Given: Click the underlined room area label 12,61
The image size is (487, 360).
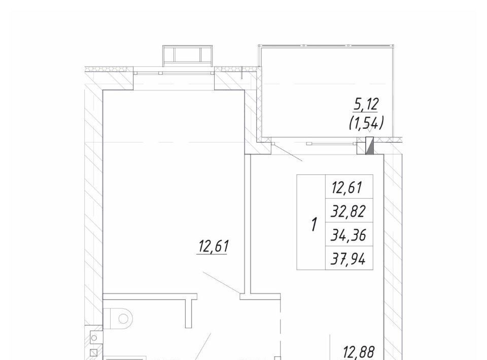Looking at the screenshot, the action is (214, 247).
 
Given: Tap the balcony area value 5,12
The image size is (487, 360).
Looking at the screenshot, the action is (366, 104).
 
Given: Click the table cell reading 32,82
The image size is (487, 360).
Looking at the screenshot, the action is (348, 211).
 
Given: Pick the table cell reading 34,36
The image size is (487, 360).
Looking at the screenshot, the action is (349, 235).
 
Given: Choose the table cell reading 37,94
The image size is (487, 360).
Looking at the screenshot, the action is (348, 259).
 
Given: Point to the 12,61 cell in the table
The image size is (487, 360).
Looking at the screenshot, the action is (347, 188).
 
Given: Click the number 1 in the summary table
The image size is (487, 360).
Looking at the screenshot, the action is (315, 225).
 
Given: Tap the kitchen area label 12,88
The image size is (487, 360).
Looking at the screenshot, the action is (359, 352).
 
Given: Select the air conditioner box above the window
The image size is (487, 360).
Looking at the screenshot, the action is (188, 56).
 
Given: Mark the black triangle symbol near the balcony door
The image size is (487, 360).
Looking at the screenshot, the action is (369, 146).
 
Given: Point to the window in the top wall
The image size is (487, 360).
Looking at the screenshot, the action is (174, 73).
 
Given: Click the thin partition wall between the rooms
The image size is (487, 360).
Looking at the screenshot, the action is (248, 224).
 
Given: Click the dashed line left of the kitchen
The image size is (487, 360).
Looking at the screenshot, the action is (281, 330).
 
